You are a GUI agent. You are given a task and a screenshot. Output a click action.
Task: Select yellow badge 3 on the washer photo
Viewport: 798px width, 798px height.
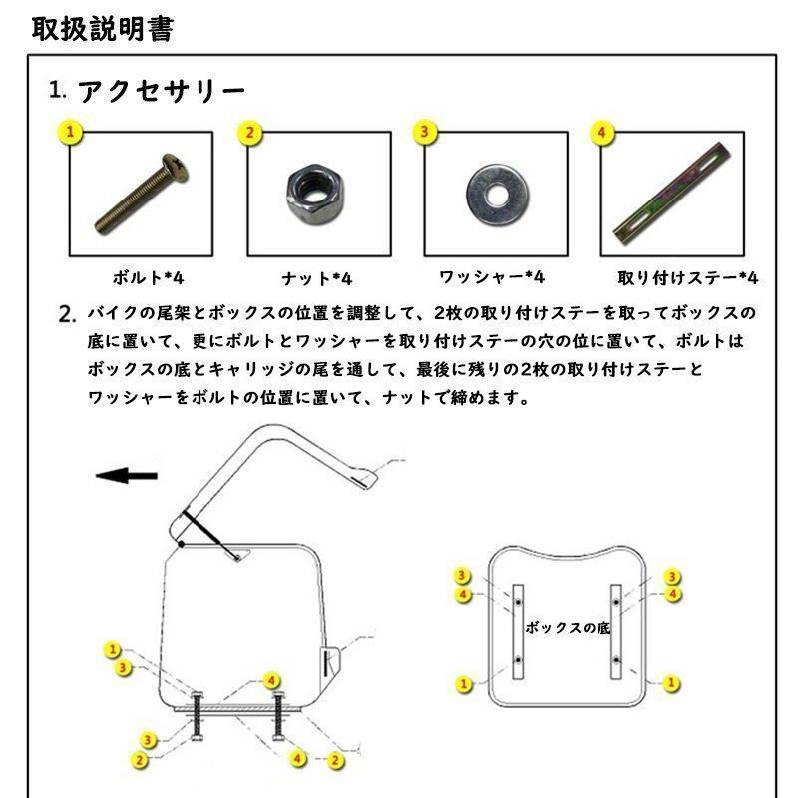(426, 132)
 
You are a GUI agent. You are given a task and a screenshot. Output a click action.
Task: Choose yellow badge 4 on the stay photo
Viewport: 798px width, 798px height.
(600, 132)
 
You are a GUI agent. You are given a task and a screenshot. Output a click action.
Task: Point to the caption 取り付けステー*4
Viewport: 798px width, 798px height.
(688, 277)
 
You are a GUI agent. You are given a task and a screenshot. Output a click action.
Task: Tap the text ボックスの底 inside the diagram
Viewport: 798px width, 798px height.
(567, 629)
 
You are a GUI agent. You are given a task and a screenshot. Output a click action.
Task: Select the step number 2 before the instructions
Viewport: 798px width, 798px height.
(68, 316)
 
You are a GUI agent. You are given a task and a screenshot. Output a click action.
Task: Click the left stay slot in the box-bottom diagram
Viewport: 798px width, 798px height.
(517, 632)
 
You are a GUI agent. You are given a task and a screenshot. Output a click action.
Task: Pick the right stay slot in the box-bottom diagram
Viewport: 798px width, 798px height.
(617, 632)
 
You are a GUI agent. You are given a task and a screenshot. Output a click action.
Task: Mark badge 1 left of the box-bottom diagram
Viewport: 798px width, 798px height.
(463, 684)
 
